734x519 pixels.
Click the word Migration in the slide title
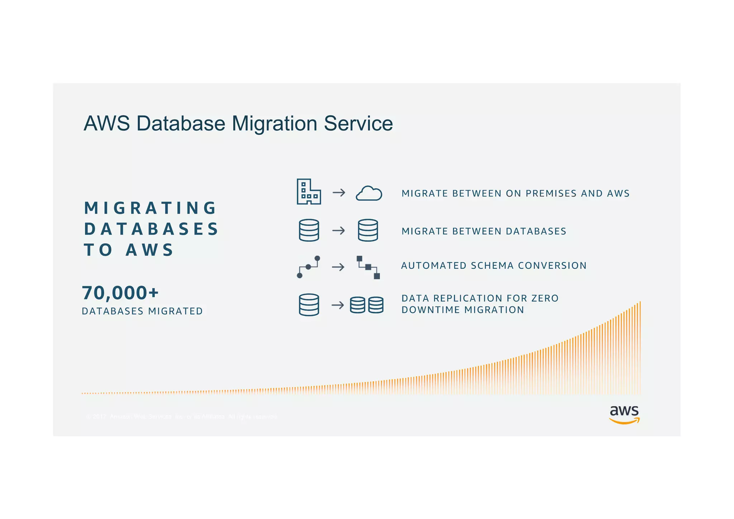[275, 124]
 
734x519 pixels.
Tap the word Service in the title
[358, 124]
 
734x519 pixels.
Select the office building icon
[309, 192]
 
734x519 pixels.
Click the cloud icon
[369, 193]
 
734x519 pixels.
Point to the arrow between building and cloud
[339, 193]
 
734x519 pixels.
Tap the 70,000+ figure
[120, 293]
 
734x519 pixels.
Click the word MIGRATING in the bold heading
[150, 208]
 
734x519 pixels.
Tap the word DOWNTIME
[430, 310]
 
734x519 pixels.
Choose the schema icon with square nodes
[368, 267]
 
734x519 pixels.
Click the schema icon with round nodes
[309, 267]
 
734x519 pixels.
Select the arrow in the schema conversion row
[338, 267]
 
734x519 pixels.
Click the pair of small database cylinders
[367, 305]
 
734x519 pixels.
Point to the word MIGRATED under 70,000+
[175, 311]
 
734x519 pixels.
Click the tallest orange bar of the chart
[640, 348]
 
